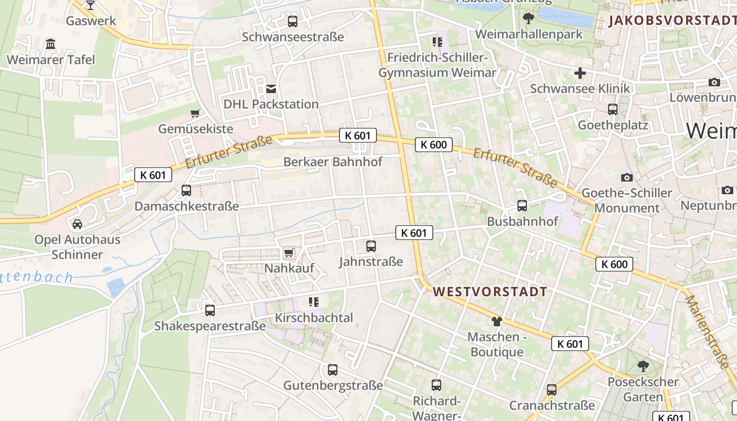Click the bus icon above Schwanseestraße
pyautogui.click(x=292, y=22)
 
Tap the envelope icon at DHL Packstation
pyautogui.click(x=271, y=89)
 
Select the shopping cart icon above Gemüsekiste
pyautogui.click(x=195, y=113)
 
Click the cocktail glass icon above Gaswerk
pyautogui.click(x=91, y=5)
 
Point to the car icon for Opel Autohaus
pyautogui.click(x=77, y=224)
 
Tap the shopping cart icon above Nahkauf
pyautogui.click(x=288, y=254)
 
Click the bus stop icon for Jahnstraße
pyautogui.click(x=371, y=246)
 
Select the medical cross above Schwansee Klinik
pyautogui.click(x=580, y=73)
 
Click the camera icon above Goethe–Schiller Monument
pyautogui.click(x=626, y=177)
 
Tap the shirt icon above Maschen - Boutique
pyautogui.click(x=496, y=321)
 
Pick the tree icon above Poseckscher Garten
pyautogui.click(x=642, y=366)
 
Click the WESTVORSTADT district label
pyautogui.click(x=490, y=292)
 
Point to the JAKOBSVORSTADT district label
pyautogui.click(x=672, y=21)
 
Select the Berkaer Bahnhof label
pyautogui.click(x=333, y=162)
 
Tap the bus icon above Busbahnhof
pyautogui.click(x=522, y=206)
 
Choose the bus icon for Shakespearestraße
pyautogui.click(x=210, y=310)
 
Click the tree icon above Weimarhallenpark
pyautogui.click(x=528, y=19)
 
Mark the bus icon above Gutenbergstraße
pyautogui.click(x=333, y=370)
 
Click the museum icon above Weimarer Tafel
pyautogui.click(x=51, y=44)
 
